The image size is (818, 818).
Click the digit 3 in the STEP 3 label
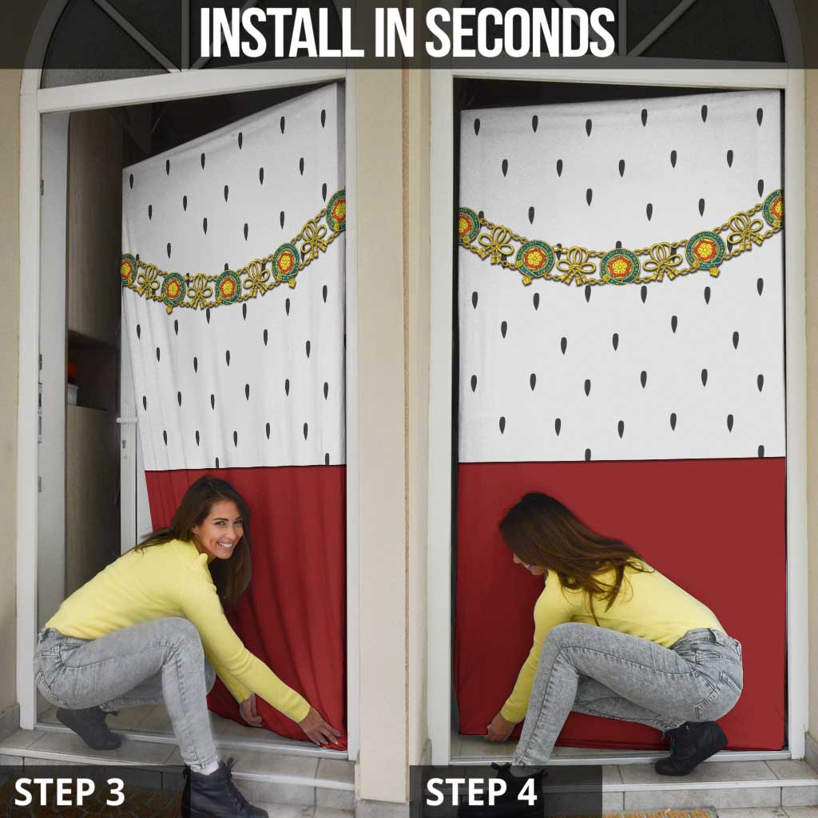click(115, 792)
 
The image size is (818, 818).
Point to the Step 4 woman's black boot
click(691, 747)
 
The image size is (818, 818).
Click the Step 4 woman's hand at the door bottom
click(500, 727)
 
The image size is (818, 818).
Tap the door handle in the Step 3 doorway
click(127, 419)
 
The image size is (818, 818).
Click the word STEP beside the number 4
click(466, 792)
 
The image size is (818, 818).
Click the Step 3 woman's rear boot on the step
click(89, 728)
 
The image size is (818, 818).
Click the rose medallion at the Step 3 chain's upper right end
click(336, 210)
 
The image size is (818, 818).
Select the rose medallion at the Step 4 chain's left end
click(468, 225)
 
